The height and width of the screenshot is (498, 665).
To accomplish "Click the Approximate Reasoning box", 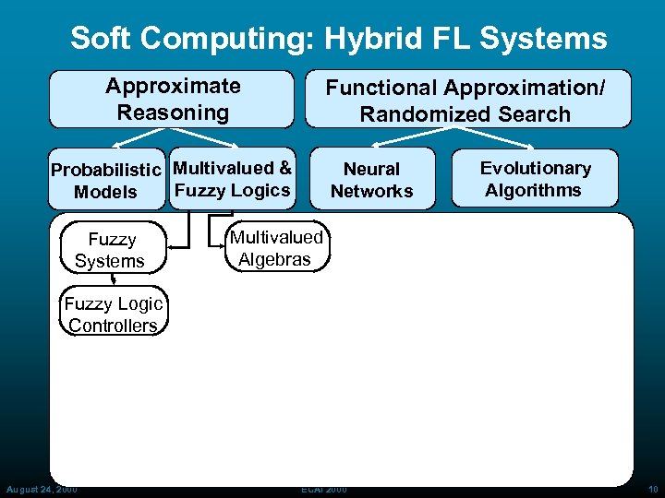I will (172, 100).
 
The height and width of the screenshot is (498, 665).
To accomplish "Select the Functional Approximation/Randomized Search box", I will (465, 100).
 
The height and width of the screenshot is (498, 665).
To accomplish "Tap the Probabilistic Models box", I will (107, 181).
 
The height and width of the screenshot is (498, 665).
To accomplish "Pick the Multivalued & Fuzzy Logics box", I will (232, 179).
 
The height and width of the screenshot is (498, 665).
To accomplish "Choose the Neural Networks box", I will (371, 180).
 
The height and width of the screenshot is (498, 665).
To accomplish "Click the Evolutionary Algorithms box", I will (535, 179).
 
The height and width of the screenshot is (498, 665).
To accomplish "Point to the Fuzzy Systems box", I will (111, 250).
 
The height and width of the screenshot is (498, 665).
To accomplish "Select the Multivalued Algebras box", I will (275, 248).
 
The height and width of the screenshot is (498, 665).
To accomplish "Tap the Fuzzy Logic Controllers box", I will (114, 314).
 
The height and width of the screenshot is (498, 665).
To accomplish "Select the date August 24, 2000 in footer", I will (42, 489).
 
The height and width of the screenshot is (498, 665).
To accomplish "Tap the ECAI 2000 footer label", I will (323, 489).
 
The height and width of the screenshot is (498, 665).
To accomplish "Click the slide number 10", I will (654, 489).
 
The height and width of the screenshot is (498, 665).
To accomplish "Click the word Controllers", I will (114, 326).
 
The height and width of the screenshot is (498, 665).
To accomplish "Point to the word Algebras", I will (274, 259).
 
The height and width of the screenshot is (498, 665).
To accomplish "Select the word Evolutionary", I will (535, 168).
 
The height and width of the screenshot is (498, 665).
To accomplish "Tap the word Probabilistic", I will (108, 170).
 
